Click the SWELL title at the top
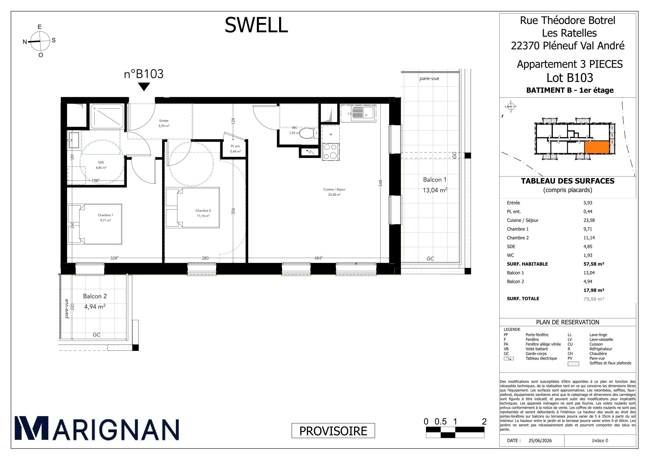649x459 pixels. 256,25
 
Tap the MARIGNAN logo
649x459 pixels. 97,428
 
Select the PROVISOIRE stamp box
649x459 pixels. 333,431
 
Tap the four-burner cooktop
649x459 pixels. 331,151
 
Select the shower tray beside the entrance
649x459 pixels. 107,116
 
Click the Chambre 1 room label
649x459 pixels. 105,215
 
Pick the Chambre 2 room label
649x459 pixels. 203,210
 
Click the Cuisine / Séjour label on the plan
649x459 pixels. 334,189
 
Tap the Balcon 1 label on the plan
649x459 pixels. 435,180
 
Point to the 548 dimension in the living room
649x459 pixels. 381,183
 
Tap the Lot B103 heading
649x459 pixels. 570,78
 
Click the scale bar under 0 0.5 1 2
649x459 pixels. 455,432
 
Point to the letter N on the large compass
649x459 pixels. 25,42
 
